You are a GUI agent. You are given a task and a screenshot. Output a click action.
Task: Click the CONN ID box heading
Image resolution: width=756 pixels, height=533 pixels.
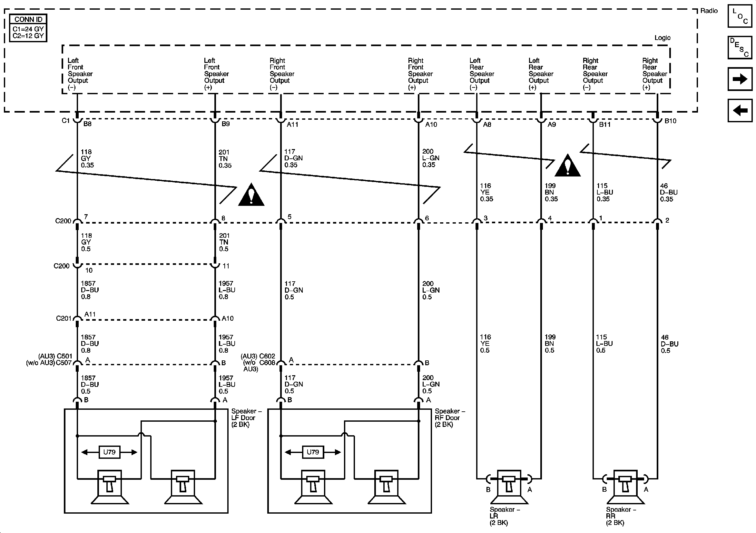click(x=28, y=19)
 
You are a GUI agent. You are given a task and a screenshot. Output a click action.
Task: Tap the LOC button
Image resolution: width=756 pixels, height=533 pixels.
click(x=740, y=16)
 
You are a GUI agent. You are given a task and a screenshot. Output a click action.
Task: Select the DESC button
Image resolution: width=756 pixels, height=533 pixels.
click(x=740, y=47)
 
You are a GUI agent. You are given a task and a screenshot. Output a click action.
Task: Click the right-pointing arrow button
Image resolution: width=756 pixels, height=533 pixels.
click(x=740, y=79)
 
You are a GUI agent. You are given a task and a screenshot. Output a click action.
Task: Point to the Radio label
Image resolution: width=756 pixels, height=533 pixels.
click(x=709, y=11)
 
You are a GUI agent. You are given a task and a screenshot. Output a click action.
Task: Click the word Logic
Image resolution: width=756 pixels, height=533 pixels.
click(x=662, y=38)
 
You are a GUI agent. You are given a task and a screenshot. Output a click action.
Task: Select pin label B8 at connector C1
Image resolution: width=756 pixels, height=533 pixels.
click(x=87, y=124)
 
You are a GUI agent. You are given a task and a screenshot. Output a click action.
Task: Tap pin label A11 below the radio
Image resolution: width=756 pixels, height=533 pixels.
click(x=292, y=125)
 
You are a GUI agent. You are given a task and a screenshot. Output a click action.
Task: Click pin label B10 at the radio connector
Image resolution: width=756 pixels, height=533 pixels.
click(x=670, y=121)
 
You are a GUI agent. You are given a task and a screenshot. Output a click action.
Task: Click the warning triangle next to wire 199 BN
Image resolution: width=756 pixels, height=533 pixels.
click(x=567, y=166)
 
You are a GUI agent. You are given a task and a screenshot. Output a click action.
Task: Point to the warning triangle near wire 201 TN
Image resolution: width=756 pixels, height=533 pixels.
click(x=251, y=195)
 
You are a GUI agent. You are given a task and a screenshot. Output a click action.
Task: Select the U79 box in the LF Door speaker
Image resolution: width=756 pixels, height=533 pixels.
click(x=109, y=452)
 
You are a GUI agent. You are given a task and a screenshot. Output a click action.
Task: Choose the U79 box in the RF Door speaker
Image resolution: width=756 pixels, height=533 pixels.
click(x=313, y=452)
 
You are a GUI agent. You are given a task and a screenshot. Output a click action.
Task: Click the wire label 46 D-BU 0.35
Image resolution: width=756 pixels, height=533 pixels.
click(x=668, y=193)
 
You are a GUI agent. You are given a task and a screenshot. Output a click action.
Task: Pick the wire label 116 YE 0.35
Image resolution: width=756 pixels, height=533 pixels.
click(x=486, y=193)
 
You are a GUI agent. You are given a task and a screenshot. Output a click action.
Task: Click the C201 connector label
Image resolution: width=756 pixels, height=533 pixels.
click(x=64, y=318)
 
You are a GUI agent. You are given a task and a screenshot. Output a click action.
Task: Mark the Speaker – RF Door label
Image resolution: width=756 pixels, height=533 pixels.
click(x=449, y=417)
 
